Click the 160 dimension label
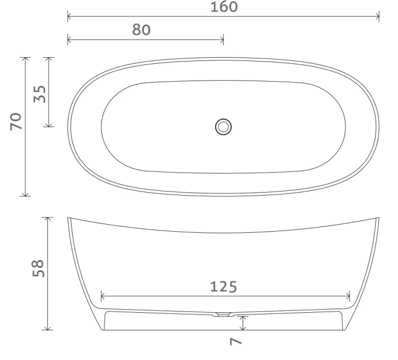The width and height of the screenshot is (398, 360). click(224, 7)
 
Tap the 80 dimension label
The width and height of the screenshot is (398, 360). click(141, 30)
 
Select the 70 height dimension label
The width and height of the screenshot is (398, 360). click(16, 122)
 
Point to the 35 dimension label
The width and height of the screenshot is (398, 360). click(40, 94)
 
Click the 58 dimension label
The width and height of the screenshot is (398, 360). click(38, 268)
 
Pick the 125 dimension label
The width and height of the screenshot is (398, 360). click(223, 287)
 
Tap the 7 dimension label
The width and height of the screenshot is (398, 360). click(236, 341)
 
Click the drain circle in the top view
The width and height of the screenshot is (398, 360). click(223, 127)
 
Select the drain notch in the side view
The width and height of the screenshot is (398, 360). click(223, 314)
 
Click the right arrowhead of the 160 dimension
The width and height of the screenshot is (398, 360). click(377, 17)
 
